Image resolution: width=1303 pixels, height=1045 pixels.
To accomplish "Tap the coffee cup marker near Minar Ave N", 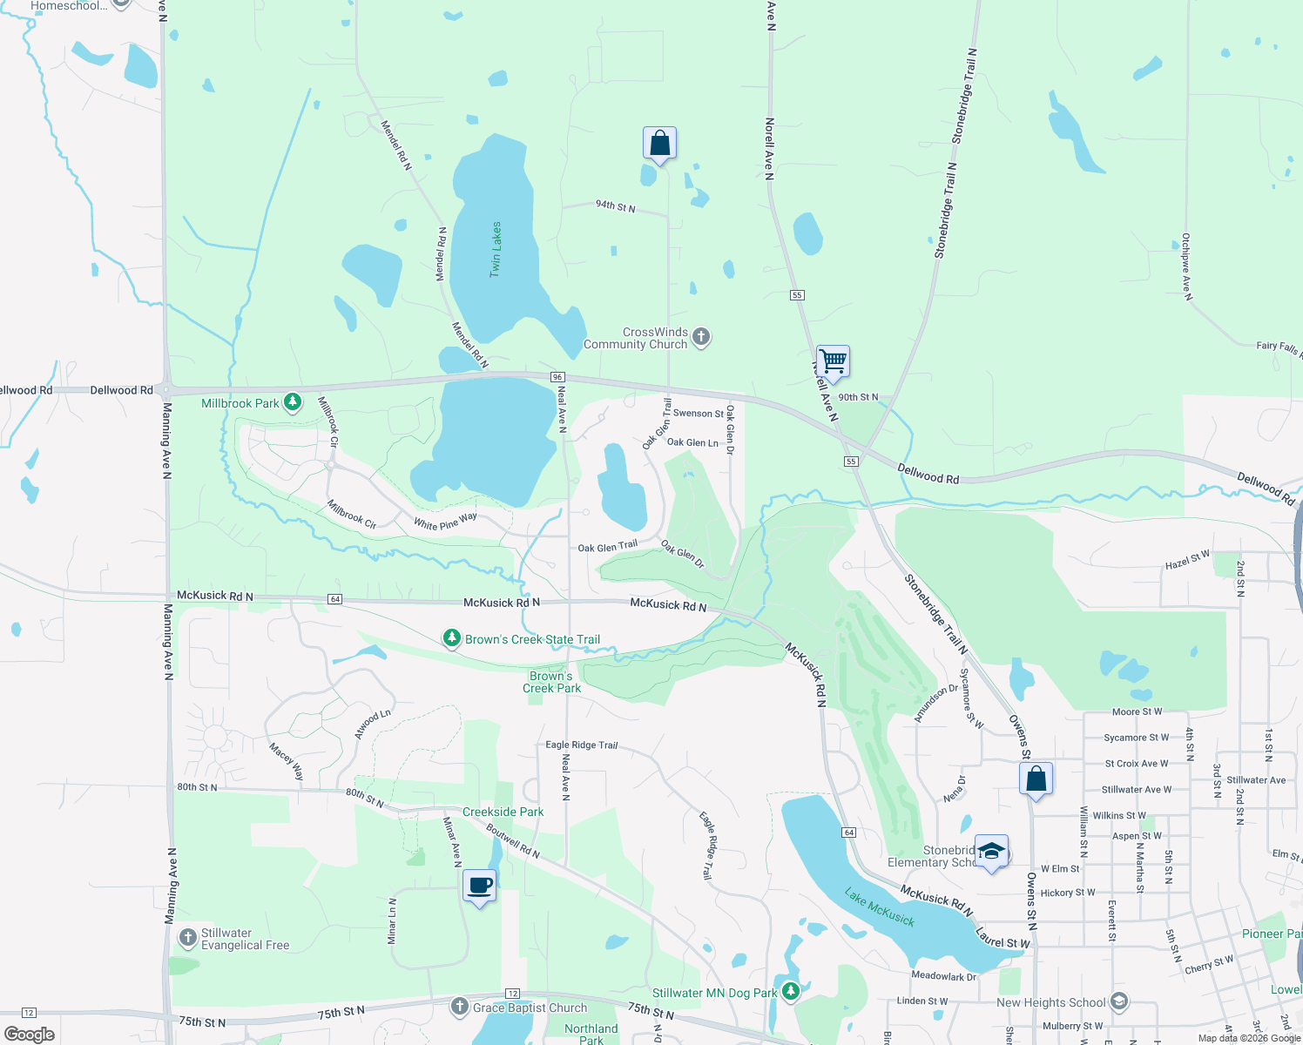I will point(479,886).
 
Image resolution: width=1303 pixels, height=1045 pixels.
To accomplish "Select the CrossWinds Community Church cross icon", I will point(701,337).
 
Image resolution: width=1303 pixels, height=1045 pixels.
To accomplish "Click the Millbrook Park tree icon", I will point(294,402).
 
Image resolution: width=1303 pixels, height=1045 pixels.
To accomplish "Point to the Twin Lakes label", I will point(496,250).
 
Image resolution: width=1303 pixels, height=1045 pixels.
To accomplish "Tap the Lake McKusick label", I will point(880,907).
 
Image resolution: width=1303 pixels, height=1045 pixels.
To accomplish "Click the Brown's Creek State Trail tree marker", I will point(451,638).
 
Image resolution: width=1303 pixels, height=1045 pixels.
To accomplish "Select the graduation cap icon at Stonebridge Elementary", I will point(991,851).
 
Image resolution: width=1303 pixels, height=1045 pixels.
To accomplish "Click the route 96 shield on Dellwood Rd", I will point(557,376).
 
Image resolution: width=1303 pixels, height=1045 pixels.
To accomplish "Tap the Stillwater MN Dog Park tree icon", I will point(790,991).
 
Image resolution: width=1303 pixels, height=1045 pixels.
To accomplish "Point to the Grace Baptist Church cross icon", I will point(460,1007).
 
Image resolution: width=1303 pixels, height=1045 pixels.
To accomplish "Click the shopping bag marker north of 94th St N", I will point(659,143).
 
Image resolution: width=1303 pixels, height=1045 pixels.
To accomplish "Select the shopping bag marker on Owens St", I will point(1036,779).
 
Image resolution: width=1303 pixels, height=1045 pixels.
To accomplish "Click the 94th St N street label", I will point(615,206).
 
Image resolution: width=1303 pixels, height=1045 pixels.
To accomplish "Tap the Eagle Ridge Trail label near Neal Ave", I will point(581,745).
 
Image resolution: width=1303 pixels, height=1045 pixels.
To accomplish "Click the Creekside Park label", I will point(503,812).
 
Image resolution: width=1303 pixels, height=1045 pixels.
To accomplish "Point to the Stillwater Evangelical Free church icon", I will point(187,938).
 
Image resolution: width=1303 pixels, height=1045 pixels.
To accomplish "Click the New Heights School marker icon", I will point(1119,1001).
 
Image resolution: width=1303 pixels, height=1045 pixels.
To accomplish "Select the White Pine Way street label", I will point(445,522).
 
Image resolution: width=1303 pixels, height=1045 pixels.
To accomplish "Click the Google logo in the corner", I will point(30,1035).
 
